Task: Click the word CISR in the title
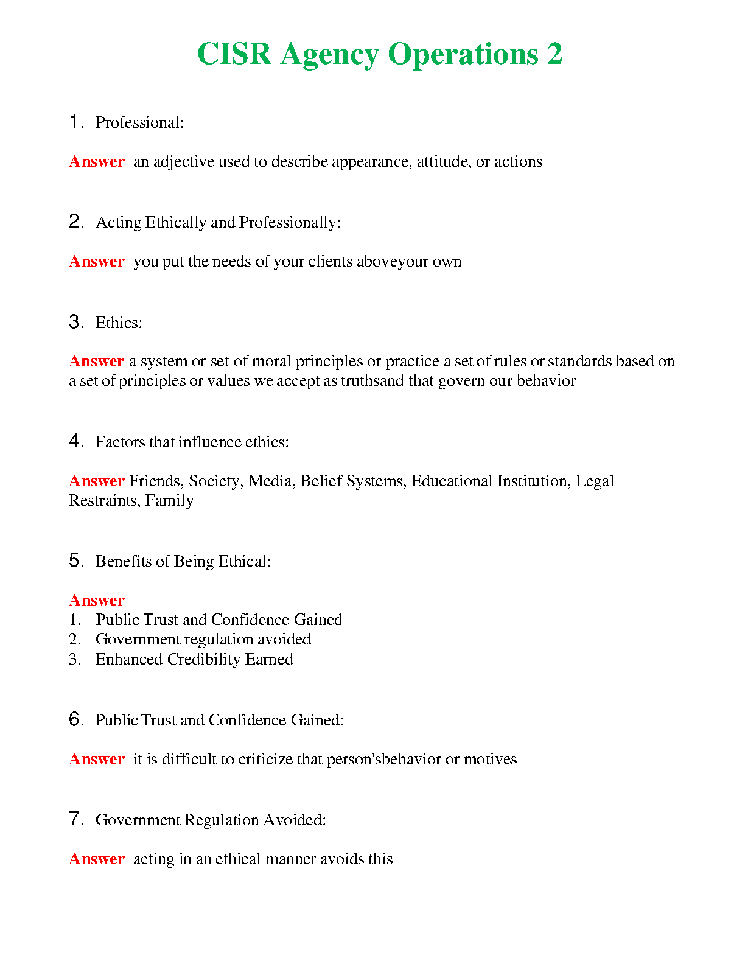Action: [234, 54]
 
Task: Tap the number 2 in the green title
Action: [554, 54]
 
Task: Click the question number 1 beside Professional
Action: [75, 122]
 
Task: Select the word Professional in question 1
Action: [138, 123]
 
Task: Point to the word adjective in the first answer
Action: [184, 162]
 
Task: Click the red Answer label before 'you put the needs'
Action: [97, 262]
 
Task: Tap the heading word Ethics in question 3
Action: [117, 323]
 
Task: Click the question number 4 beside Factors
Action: [75, 441]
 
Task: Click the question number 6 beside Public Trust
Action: [75, 719]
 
